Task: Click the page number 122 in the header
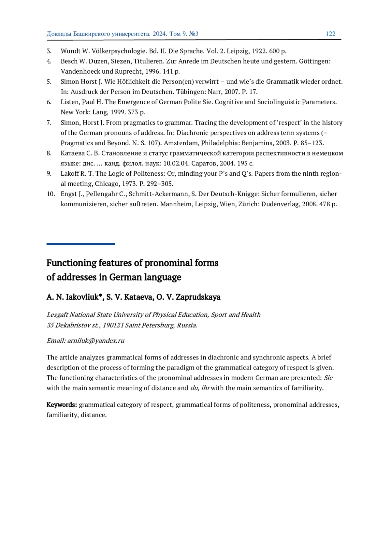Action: coord(330,34)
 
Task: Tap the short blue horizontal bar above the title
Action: coord(80,244)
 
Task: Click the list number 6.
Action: coord(49,102)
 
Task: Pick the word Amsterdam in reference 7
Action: coord(178,143)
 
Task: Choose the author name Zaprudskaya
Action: coord(198,297)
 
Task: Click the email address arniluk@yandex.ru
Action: coord(96,341)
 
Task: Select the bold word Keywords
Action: coord(62,405)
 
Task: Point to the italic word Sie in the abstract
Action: coord(328,378)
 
